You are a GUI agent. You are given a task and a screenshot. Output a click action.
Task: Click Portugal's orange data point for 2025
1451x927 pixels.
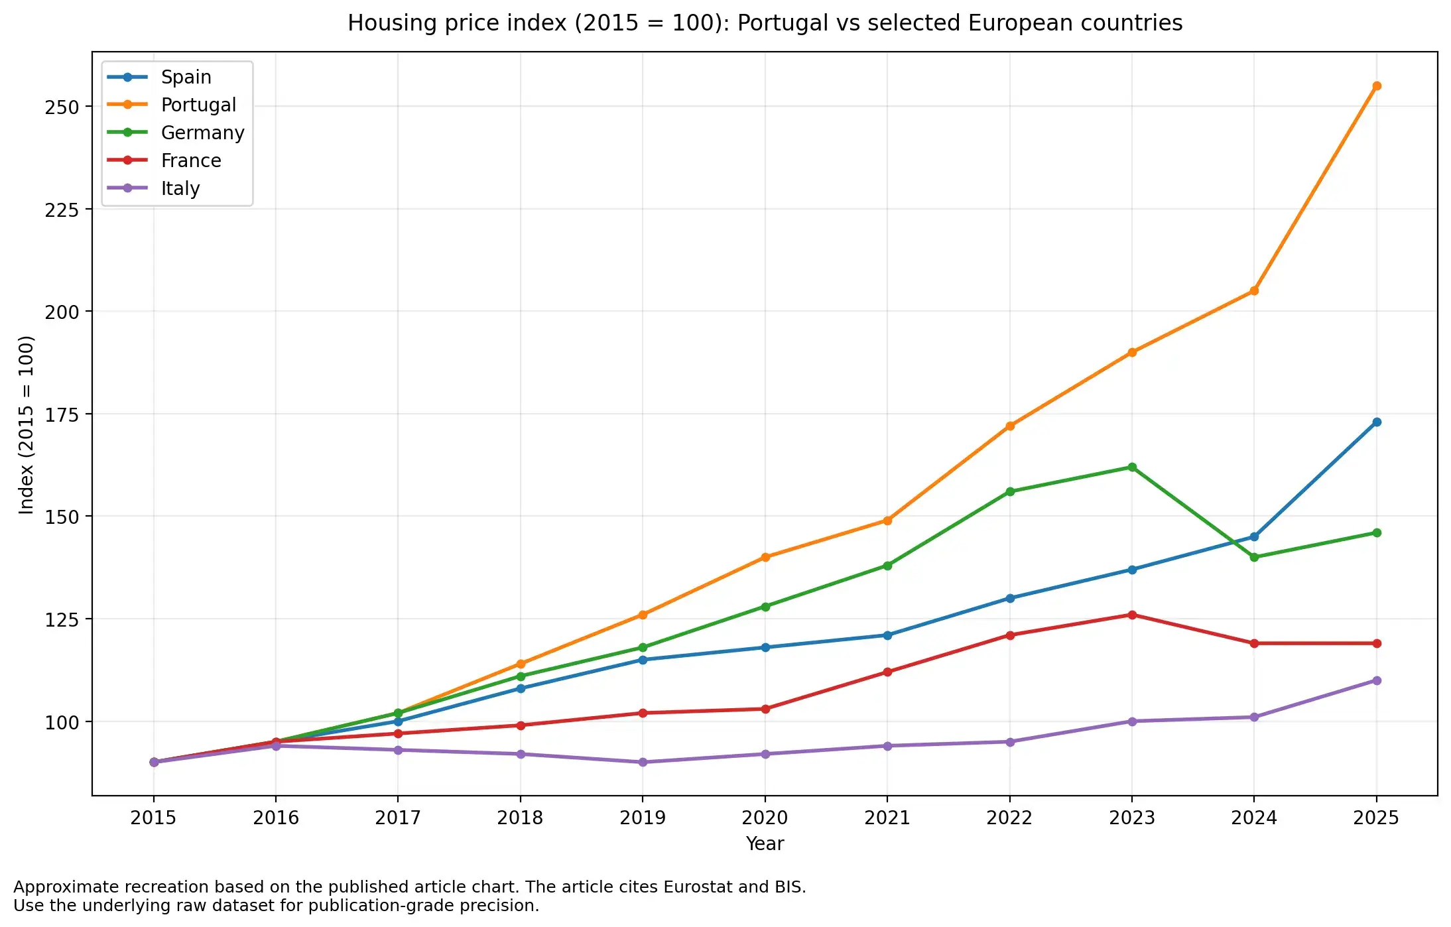coord(1376,86)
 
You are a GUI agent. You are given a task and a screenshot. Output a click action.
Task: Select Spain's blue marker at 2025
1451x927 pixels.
coord(1376,422)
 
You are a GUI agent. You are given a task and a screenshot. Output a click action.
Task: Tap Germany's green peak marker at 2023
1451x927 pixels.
coord(1131,467)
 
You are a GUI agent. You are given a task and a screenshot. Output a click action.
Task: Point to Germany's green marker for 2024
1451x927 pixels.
coord(1253,557)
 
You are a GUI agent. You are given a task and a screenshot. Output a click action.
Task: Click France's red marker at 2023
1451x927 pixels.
coord(1131,615)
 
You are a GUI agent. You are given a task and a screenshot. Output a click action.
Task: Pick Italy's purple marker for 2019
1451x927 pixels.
coord(642,762)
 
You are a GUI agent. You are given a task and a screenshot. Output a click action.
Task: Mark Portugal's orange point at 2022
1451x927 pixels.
coord(1009,426)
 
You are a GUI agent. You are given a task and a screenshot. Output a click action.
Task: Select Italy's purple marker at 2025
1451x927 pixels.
coord(1376,680)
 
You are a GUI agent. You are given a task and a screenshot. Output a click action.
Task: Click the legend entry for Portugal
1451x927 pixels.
coord(198,105)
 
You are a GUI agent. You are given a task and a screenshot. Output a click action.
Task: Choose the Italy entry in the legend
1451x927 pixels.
coord(180,188)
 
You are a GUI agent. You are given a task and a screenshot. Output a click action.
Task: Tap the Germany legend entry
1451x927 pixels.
coord(202,133)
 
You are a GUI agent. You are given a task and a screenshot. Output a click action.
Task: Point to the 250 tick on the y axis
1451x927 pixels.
coord(61,107)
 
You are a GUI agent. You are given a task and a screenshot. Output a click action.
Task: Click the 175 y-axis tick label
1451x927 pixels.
coord(61,415)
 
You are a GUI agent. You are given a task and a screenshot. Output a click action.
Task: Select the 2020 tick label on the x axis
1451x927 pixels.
coord(765,818)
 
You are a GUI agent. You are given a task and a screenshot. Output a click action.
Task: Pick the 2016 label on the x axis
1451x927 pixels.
coord(275,818)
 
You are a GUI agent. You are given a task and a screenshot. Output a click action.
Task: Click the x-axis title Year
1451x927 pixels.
coord(765,843)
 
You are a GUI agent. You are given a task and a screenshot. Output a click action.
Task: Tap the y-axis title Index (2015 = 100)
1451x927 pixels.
coord(27,424)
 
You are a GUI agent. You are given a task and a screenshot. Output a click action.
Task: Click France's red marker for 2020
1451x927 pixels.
coord(765,709)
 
